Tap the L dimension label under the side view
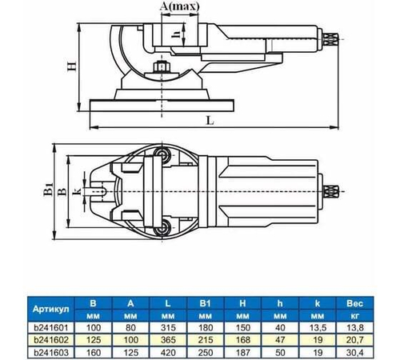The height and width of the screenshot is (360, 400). [209, 120]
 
